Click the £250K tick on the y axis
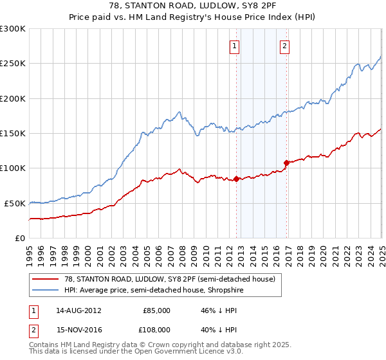(13, 64)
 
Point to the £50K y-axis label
(15, 203)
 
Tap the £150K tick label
(13, 133)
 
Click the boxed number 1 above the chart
(235, 46)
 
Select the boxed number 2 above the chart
(284, 46)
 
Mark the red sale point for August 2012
(236, 179)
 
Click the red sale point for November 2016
(286, 163)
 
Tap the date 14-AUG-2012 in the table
(78, 310)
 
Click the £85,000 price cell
(157, 310)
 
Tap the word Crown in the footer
(146, 345)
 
